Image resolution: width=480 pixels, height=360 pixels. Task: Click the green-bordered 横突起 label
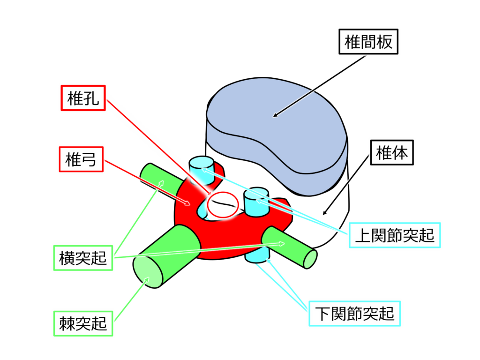(83, 258)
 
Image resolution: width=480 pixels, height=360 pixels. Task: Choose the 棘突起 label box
(83, 323)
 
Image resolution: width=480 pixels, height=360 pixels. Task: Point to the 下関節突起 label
(355, 313)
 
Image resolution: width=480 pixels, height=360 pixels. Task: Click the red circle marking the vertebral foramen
(223, 205)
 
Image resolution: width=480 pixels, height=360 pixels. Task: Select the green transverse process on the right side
(291, 246)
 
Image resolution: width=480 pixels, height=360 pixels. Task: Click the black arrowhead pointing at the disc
(276, 114)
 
